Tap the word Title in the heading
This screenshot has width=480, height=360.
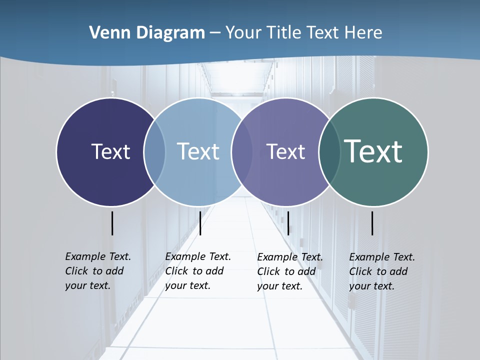point(284,33)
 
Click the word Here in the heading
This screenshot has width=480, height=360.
point(363,33)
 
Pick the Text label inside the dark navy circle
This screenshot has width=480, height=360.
point(110,151)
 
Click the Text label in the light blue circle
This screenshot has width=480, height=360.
point(198,151)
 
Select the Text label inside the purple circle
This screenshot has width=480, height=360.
point(285,151)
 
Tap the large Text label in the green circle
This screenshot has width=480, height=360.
point(373,151)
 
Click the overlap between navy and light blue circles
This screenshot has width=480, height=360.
point(154,152)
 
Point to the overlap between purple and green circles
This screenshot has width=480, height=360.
point(329,152)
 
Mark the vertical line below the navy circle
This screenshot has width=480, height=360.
point(112,223)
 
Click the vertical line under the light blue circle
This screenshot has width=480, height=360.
point(200,223)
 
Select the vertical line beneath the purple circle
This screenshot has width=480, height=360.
point(288,223)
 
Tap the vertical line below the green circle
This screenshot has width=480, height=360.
point(372,223)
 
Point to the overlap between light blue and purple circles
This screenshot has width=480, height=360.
point(242,152)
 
